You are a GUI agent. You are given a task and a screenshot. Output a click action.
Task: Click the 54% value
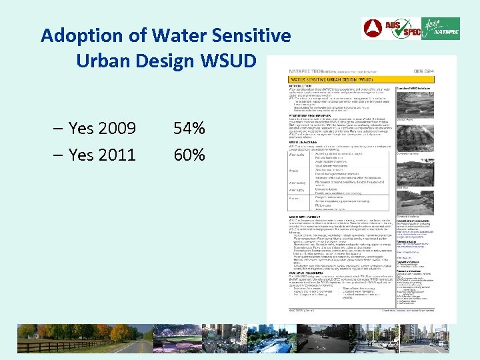point(189,128)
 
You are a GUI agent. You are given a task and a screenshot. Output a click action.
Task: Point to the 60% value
point(189,155)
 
